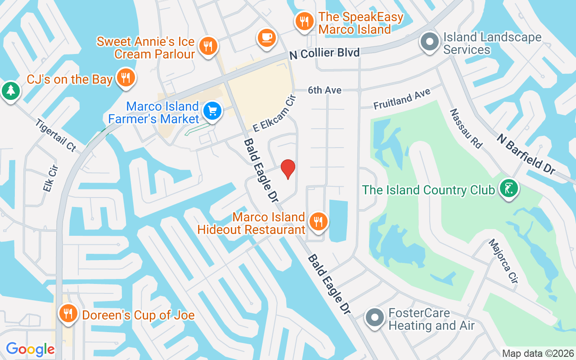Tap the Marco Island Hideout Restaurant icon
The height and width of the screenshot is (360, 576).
(318, 221)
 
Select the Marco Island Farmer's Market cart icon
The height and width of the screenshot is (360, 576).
(211, 110)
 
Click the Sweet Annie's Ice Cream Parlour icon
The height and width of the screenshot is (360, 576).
(208, 46)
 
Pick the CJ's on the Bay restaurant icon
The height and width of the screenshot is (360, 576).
(126, 78)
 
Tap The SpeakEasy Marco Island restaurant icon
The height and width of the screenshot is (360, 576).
(304, 21)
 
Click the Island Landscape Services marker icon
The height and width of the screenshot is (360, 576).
(429, 42)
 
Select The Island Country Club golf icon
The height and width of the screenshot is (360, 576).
(509, 188)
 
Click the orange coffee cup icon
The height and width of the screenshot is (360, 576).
(266, 37)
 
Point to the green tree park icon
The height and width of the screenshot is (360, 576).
(9, 90)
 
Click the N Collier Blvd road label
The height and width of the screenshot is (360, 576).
(324, 53)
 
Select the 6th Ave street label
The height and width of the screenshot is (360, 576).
(324, 90)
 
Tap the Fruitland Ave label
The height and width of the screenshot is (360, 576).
(401, 99)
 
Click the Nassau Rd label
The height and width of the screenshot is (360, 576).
(465, 128)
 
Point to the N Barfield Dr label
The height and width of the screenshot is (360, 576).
(526, 153)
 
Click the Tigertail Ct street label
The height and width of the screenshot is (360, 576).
(56, 135)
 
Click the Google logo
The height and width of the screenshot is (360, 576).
(30, 349)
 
